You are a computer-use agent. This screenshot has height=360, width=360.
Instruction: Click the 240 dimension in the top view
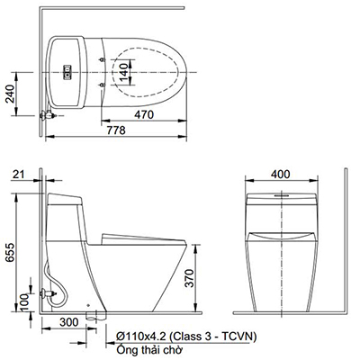point(10,94)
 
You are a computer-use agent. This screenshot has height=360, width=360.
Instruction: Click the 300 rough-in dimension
point(65,321)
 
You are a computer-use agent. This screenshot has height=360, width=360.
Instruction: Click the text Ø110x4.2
point(139,336)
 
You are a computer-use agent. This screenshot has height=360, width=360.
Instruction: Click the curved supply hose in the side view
point(56,278)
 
